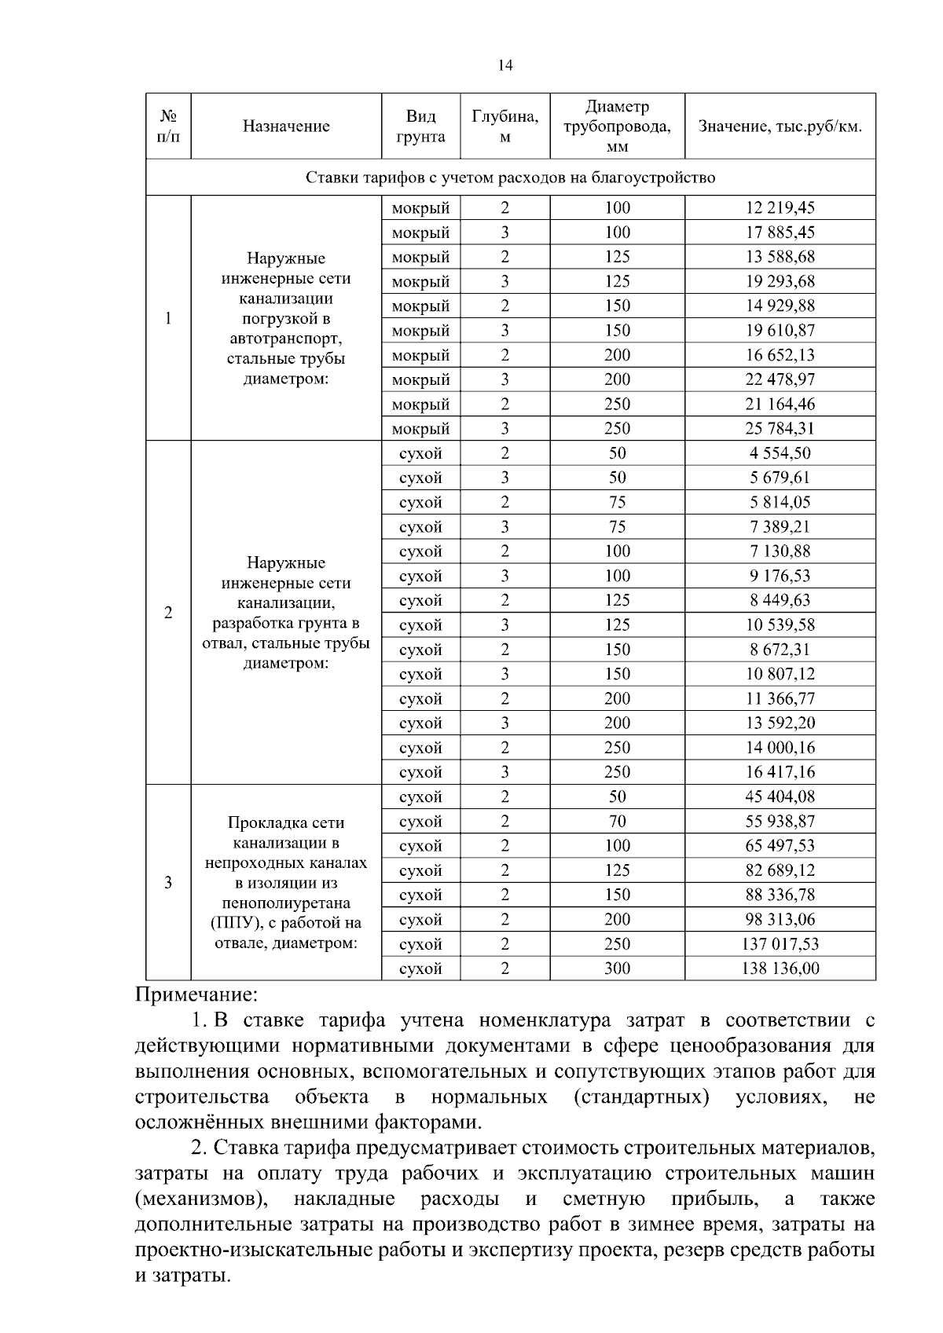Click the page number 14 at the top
[x=505, y=66]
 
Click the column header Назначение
[x=286, y=126]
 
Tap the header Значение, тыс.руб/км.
[x=780, y=126]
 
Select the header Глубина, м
[x=505, y=126]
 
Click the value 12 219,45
[x=780, y=208]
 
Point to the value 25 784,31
[x=780, y=429]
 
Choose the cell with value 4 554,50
[x=780, y=453]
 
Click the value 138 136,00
[x=780, y=969]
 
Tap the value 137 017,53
[x=780, y=944]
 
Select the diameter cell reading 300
[x=617, y=969]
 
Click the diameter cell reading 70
[x=617, y=822]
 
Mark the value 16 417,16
[x=780, y=772]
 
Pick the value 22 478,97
[x=780, y=380]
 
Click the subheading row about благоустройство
[x=510, y=178]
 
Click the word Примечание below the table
[x=196, y=995]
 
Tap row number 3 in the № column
[x=168, y=883]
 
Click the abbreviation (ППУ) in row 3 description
[x=233, y=923]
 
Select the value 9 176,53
[x=780, y=576]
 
